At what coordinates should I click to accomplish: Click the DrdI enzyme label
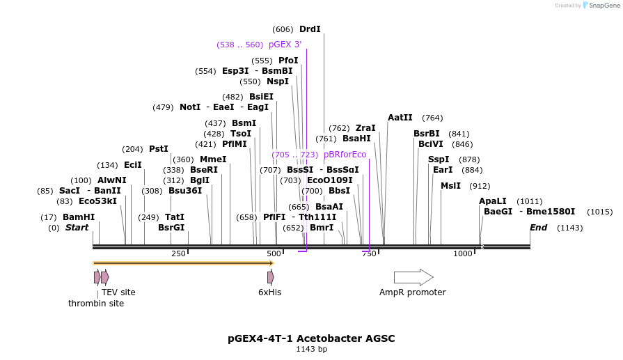pos(310,29)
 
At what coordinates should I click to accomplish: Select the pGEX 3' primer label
pos(285,45)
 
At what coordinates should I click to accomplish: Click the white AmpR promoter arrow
pos(413,277)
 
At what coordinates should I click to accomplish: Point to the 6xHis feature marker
pos(270,277)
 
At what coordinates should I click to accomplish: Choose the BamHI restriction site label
pos(79,217)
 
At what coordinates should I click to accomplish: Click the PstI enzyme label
pos(159,149)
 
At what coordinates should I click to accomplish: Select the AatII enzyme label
pos(400,118)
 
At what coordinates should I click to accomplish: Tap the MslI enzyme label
pos(451,186)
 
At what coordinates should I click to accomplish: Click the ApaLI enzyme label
pos(493,201)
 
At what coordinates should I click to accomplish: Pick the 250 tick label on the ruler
pos(178,254)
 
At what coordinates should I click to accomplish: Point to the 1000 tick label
pos(463,254)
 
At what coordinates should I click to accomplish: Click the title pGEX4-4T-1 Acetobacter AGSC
pos(311,338)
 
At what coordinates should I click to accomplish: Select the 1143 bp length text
pos(311,350)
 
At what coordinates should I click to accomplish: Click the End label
pos(538,228)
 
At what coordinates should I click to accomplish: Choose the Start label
pos(77,228)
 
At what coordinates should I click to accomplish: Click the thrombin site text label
pos(96,304)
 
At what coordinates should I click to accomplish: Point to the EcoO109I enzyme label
pos(330,180)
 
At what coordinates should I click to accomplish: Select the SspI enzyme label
pos(439,159)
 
